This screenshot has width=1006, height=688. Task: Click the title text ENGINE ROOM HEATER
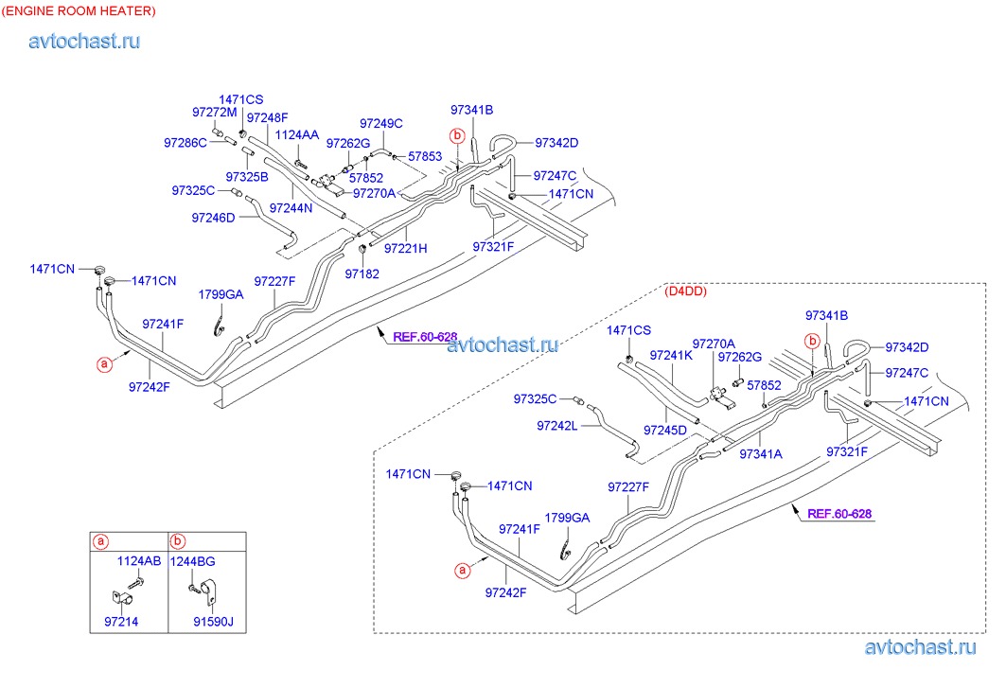tap(79, 10)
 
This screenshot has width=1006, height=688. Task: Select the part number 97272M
tap(214, 112)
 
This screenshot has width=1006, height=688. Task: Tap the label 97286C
tap(185, 143)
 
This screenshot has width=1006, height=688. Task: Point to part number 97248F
tap(267, 117)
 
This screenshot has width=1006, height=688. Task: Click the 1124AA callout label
tap(297, 136)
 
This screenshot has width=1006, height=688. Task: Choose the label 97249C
tap(381, 123)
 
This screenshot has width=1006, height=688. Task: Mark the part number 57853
tap(425, 156)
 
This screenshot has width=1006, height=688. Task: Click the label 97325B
tap(247, 176)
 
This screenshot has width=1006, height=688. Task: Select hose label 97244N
tap(291, 207)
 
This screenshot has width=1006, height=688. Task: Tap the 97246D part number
tap(213, 218)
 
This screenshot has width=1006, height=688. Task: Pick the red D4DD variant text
tap(686, 291)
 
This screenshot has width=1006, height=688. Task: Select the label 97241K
tap(671, 356)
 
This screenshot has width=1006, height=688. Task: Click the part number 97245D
tap(665, 430)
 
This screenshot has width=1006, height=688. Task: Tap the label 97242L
tap(556, 426)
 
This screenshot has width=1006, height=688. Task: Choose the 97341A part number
tap(761, 454)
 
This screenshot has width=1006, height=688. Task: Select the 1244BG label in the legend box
tap(192, 561)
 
